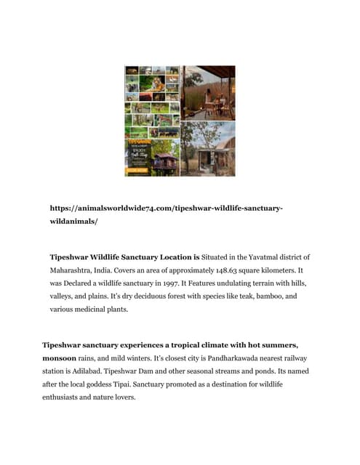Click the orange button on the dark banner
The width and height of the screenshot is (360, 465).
(137, 171)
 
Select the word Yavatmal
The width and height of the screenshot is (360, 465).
(251, 257)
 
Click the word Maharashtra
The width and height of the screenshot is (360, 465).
(75, 270)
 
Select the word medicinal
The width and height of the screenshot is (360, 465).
(113, 310)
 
